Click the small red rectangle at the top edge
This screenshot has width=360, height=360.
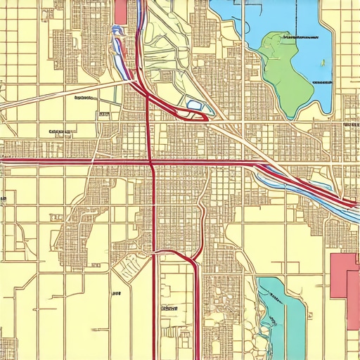[121, 11]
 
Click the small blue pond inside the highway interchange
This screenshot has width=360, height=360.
[194, 106]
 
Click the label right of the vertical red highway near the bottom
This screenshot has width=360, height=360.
[169, 308]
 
